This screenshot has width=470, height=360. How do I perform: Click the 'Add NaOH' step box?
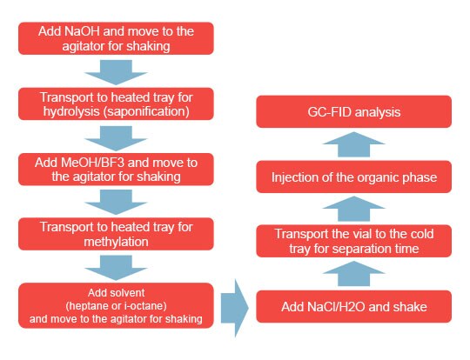(x=116, y=38)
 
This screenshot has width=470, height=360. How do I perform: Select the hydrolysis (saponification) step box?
(x=116, y=103)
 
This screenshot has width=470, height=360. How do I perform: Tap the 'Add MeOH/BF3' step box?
(x=116, y=169)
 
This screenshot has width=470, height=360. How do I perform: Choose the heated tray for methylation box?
(x=116, y=234)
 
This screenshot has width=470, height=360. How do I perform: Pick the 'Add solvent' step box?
(x=116, y=304)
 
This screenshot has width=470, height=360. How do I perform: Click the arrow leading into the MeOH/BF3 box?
(x=116, y=137)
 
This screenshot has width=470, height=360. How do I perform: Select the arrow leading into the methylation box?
(x=116, y=202)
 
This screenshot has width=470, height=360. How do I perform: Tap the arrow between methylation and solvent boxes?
(x=116, y=267)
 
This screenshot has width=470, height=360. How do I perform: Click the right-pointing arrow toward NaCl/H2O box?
(x=234, y=304)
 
